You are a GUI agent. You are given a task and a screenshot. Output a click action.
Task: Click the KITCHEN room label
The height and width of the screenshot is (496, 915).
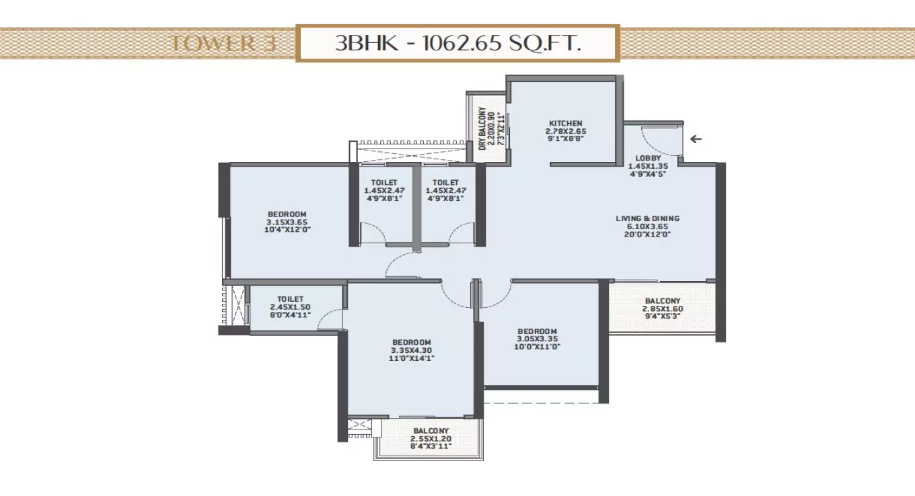click(565, 123)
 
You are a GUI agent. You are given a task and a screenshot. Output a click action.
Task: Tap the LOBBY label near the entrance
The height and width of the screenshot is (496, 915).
click(647, 158)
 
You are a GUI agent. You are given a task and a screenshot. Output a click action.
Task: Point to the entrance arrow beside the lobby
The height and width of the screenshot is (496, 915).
click(696, 140)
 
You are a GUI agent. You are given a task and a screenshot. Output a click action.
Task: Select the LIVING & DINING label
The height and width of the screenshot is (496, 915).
click(647, 218)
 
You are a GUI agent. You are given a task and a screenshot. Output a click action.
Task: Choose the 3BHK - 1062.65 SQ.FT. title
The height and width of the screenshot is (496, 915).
click(458, 44)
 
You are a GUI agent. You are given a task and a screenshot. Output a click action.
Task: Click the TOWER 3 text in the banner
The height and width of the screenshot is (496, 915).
click(213, 44)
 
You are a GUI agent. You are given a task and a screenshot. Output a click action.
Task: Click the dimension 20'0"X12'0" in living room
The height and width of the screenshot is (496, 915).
click(647, 235)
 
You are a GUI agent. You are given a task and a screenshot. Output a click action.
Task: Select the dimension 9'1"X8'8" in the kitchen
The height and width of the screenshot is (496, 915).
click(565, 140)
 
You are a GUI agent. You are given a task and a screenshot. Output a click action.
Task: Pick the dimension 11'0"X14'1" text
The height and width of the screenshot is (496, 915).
click(412, 358)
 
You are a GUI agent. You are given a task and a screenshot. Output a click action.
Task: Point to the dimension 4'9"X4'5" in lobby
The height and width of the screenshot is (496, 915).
click(647, 173)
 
